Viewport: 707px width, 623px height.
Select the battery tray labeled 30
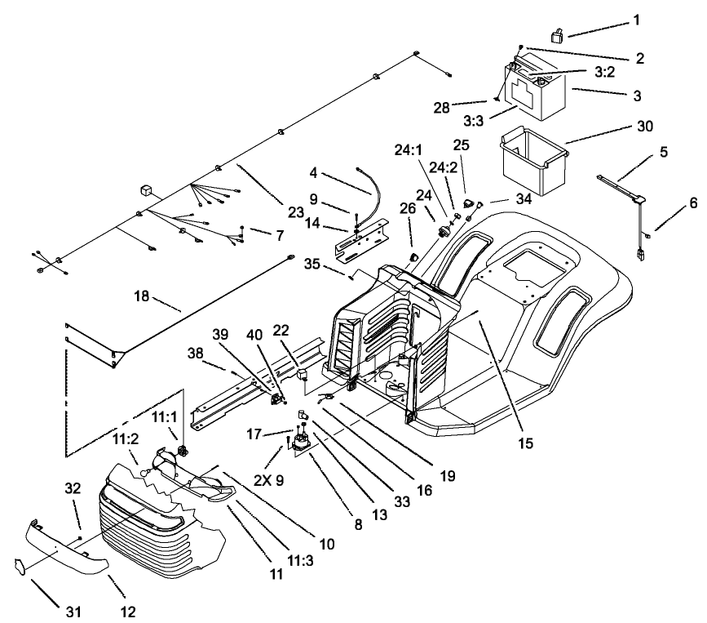point(532,157)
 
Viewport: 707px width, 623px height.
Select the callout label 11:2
point(126,438)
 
